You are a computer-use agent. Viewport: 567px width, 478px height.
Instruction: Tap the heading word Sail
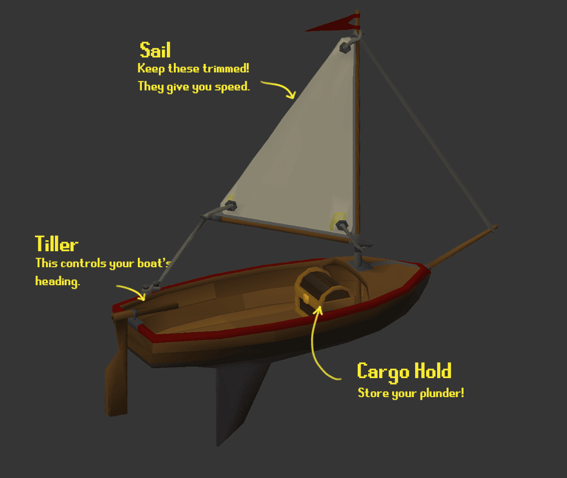click(x=155, y=50)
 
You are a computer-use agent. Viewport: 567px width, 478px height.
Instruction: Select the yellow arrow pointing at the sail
click(x=278, y=88)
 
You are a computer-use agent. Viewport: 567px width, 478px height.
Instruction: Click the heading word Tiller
click(x=57, y=245)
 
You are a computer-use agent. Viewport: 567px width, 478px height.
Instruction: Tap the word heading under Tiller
click(x=57, y=282)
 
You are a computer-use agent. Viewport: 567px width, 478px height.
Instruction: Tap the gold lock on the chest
click(x=306, y=299)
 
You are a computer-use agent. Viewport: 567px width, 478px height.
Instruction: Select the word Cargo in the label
click(x=382, y=372)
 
